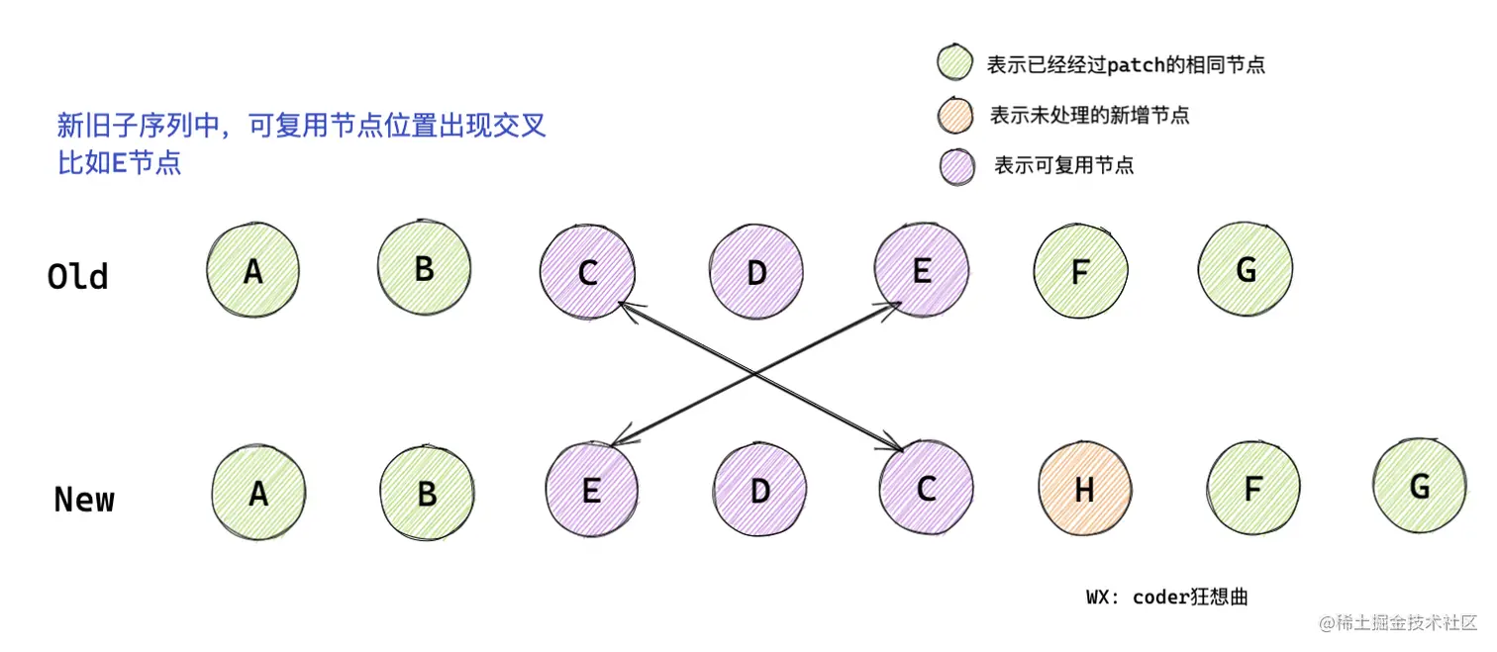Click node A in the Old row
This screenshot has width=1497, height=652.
pos(253,271)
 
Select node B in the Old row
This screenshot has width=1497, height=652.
pos(424,267)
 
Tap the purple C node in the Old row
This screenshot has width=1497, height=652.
pos(587,272)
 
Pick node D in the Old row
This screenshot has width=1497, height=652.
pos(756,272)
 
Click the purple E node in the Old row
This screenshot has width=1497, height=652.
pos(922,270)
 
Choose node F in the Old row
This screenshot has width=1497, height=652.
pos(1081,272)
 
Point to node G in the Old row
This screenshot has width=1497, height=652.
pos(1246,269)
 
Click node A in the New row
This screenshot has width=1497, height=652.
pos(258,493)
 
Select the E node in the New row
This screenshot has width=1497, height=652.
pos(591,491)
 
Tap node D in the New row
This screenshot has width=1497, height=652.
pos(759,491)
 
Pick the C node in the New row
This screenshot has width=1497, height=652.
pos(926,489)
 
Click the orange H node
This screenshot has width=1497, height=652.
pos(1085,490)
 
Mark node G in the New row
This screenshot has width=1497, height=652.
pos(1419,486)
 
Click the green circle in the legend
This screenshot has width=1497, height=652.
pos(955,62)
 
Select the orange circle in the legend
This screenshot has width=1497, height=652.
pos(956,115)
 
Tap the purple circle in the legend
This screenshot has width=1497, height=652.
pos(957,165)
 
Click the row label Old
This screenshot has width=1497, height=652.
pos(77,276)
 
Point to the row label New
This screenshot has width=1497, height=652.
pos(84,500)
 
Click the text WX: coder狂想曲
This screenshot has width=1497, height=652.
pos(1166,597)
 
